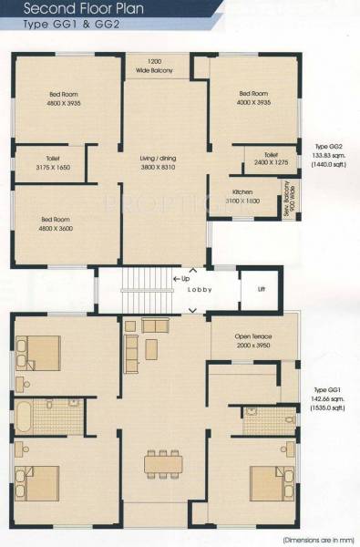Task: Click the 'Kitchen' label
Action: pos(242,192)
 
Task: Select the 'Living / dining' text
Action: pos(164,161)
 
